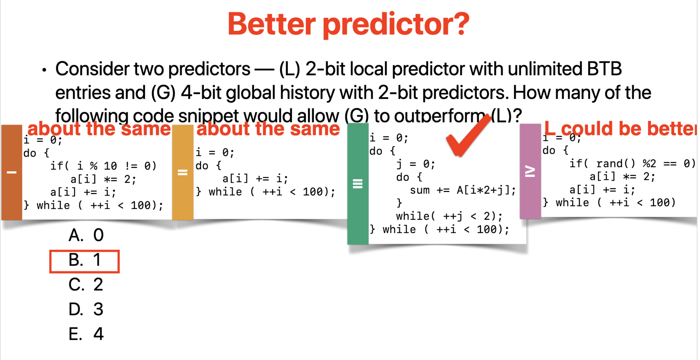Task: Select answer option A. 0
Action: pyautogui.click(x=86, y=235)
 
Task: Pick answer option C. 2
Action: pyautogui.click(x=86, y=285)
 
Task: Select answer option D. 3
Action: pyautogui.click(x=86, y=310)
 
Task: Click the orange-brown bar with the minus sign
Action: pyautogui.click(x=12, y=172)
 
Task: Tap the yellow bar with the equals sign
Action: pyautogui.click(x=183, y=172)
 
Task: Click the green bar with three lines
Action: pyautogui.click(x=358, y=184)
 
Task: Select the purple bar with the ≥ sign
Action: pyautogui.click(x=530, y=172)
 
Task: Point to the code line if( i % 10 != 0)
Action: pyautogui.click(x=103, y=166)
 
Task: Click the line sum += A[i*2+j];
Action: pyautogui.click(x=463, y=190)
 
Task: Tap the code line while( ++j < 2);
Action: pyautogui.click(x=449, y=216)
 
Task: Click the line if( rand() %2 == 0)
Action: pyautogui.click(x=632, y=164)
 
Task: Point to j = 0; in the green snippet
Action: pyautogui.click(x=416, y=164)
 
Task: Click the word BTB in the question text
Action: pyautogui.click(x=604, y=69)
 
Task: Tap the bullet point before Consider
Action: pyautogui.click(x=44, y=70)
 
